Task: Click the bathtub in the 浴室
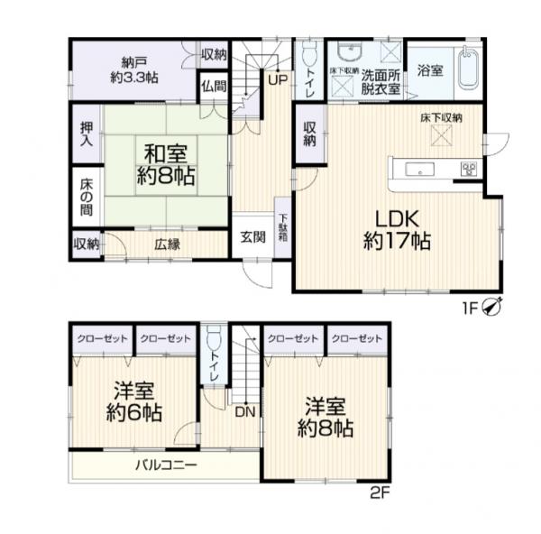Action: tap(469, 70)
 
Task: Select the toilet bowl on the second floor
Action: tap(214, 336)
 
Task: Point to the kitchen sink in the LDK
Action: tap(419, 170)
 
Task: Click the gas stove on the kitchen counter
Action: tap(468, 170)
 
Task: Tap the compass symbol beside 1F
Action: tap(492, 307)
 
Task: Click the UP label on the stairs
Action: tap(278, 80)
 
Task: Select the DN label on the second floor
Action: tap(245, 411)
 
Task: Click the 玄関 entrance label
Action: tap(252, 237)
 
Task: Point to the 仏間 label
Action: tap(215, 87)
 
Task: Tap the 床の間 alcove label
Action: tap(87, 198)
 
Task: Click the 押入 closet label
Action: tap(87, 133)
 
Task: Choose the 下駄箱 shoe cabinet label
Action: tap(283, 228)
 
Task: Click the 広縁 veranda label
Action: tap(167, 244)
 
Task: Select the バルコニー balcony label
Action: tap(166, 465)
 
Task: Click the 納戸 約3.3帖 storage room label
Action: tap(134, 70)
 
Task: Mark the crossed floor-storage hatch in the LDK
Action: tap(441, 135)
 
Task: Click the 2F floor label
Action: tap(380, 493)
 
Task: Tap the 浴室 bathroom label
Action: tap(430, 70)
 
